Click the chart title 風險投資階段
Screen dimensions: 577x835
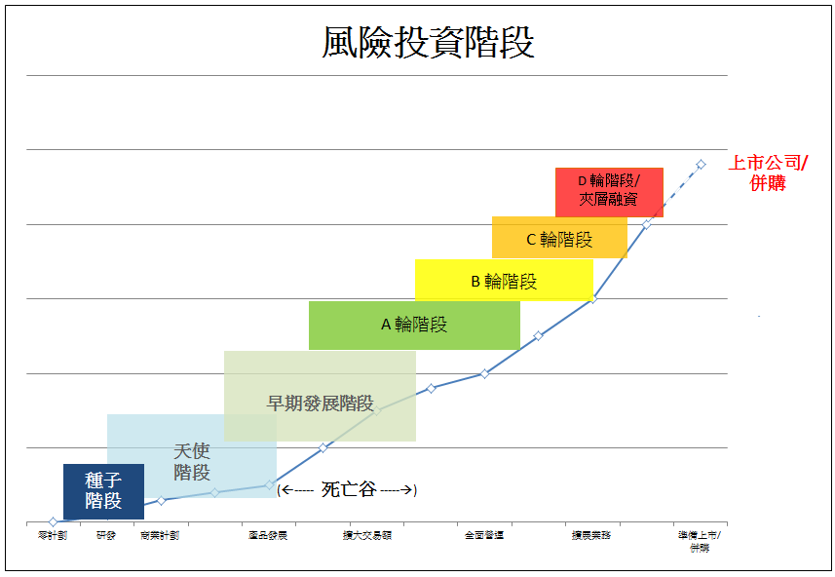tap(428, 43)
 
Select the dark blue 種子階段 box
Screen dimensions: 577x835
tap(103, 491)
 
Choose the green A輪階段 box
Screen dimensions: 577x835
tap(414, 325)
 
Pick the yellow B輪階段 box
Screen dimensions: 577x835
tap(504, 281)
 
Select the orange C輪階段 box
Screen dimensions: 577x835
tap(558, 238)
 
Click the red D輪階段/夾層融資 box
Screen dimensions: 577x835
tap(608, 191)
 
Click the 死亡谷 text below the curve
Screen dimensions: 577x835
tap(348, 489)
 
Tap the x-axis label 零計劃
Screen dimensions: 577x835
tap(53, 535)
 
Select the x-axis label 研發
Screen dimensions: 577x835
tap(106, 535)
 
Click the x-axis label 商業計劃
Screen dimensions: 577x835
tap(160, 535)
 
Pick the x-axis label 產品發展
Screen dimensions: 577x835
tap(268, 535)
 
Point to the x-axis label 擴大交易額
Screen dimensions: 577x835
tap(366, 535)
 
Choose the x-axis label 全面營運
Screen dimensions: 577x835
tap(484, 535)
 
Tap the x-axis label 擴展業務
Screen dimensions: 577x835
tap(591, 535)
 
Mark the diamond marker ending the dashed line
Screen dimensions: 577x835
tap(701, 164)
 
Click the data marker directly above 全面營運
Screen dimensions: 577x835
tap(484, 373)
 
